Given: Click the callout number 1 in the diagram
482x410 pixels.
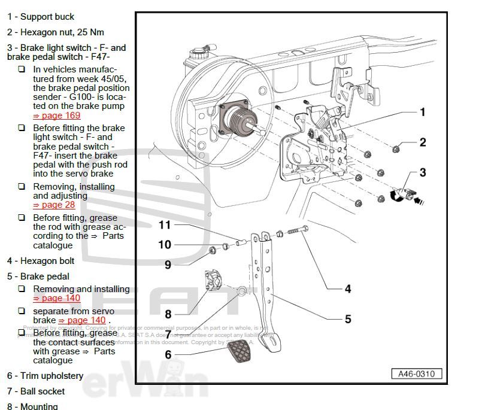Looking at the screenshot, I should point(422,112).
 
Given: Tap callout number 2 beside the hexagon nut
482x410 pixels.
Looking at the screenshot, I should point(422,142).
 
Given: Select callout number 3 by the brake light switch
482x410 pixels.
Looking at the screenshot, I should point(422,173).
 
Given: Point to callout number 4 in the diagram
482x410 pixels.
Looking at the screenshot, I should point(348,288).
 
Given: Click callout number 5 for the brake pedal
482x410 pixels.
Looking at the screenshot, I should point(348,319).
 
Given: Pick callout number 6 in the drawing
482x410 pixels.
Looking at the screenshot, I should point(168,355).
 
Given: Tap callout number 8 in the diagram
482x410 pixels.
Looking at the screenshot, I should point(168,314).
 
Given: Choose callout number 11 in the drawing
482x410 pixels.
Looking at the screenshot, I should point(165,225).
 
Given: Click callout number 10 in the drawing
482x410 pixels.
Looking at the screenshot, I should point(165,244).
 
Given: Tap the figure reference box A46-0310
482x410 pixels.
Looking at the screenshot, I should point(417,374).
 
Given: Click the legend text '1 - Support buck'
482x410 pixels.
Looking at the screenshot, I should point(41,17).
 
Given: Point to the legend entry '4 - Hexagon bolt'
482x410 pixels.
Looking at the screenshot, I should point(41,261).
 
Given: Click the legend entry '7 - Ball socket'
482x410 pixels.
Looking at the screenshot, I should point(36,391).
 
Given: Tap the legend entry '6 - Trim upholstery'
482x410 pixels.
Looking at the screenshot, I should point(46,376).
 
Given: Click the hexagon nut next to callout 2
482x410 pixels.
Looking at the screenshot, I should point(396,148).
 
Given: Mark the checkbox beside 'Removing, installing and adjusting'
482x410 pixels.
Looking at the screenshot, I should point(22,187).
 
